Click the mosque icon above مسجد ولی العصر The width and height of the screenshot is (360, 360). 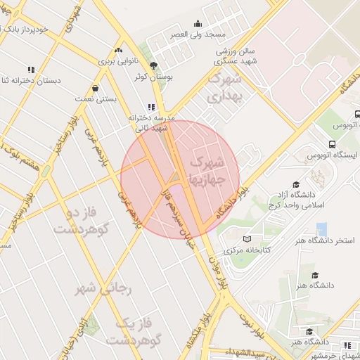[x=197, y=23]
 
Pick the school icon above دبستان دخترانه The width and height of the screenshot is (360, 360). [x=30, y=70]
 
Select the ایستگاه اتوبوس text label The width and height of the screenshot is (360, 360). [x=333, y=154]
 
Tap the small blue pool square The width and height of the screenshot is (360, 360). [x=321, y=229]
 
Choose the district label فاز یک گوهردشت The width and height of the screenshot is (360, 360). [x=134, y=333]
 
